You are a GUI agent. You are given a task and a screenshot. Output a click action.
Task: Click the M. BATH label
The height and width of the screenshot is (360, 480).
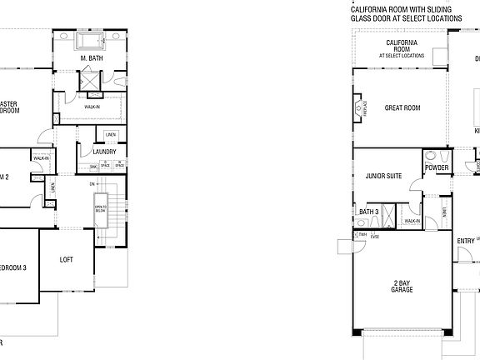[91, 59]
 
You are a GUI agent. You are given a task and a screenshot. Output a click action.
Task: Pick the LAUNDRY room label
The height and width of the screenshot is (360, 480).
[104, 151]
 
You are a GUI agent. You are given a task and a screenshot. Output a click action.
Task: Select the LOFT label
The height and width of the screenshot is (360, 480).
[67, 260]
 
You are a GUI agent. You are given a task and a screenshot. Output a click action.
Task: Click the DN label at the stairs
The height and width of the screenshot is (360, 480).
[92, 183]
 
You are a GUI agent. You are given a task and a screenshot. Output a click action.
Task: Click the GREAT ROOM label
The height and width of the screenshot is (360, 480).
[402, 107]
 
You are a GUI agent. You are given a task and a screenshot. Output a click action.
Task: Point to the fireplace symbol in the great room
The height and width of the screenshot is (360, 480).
[365, 107]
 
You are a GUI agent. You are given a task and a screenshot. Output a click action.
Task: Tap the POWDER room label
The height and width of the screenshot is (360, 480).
[437, 167]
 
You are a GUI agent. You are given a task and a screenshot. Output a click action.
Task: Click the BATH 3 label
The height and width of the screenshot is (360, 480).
[369, 212]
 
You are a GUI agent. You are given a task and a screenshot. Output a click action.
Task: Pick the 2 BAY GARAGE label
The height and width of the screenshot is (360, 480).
[402, 285]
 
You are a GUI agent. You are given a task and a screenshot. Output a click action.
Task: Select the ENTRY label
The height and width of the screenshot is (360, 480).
[466, 242]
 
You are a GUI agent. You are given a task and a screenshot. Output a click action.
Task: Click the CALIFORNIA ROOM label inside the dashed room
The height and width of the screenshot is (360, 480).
[401, 44]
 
